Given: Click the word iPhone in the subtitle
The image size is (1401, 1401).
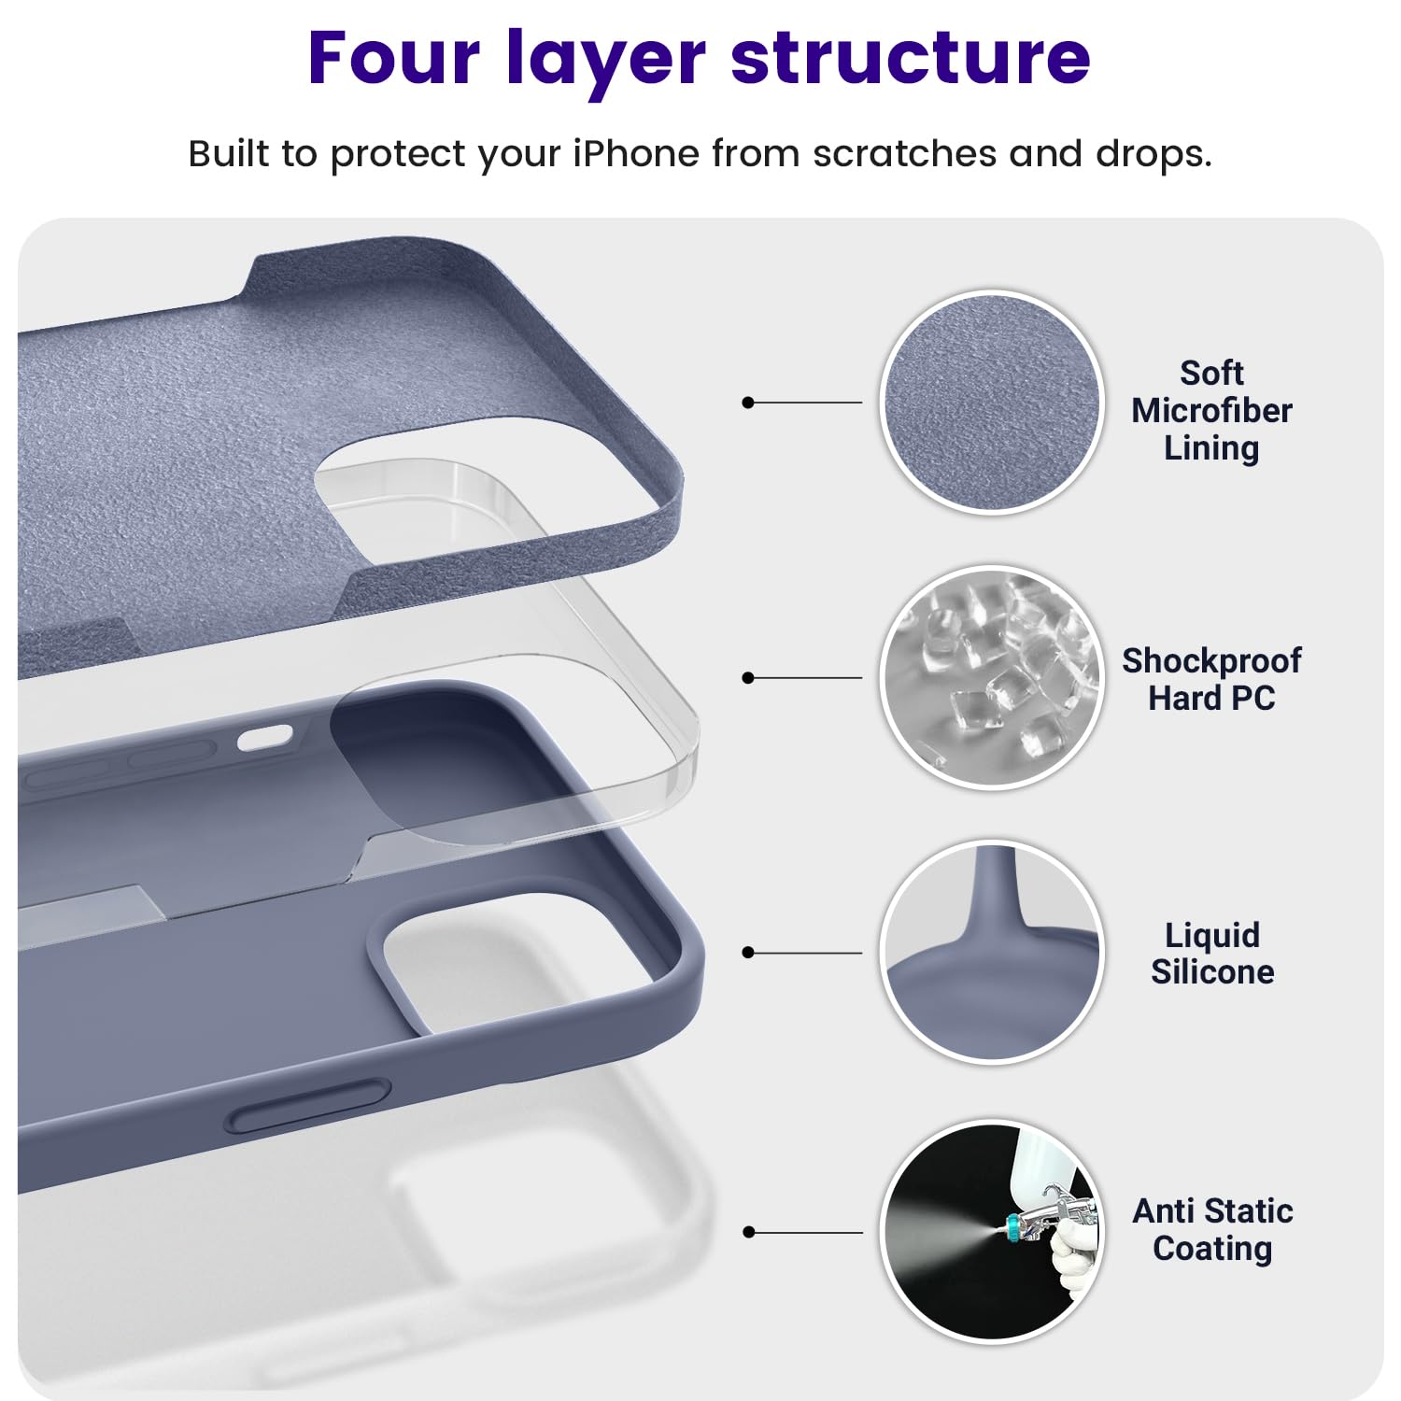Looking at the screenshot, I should tap(635, 153).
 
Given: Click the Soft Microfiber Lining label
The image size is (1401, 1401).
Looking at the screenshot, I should tap(1211, 411).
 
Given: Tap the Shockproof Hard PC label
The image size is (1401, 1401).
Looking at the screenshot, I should tap(1211, 679).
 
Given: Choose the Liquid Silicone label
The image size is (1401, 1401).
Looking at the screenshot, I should tap(1211, 954).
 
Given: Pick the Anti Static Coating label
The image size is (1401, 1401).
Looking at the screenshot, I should tap(1211, 1229).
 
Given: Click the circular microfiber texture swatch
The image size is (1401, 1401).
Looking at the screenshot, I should tap(992, 403).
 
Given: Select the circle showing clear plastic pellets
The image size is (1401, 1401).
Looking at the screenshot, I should tap(992, 678).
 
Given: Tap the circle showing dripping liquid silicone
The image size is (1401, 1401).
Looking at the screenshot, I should tap(992, 953).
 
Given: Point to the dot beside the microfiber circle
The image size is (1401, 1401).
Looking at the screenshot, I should tap(747, 403).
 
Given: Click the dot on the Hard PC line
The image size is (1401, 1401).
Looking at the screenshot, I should tap(747, 678).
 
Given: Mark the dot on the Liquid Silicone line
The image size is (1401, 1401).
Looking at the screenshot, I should tap(747, 953).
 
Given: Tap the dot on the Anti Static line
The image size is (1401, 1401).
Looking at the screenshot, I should tap(747, 1232).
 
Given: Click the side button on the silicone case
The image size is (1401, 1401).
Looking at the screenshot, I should tap(308, 1107).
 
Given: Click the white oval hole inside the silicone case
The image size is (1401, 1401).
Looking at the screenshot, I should tap(264, 739).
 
